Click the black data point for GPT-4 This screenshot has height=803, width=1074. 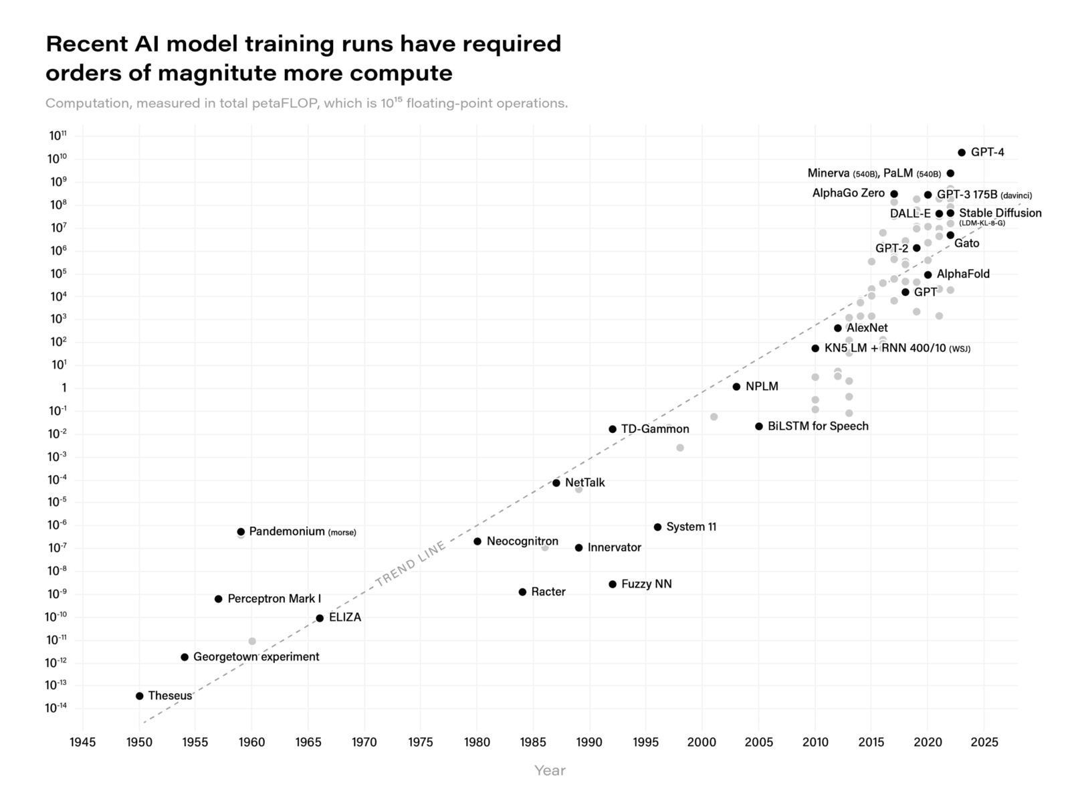tap(962, 153)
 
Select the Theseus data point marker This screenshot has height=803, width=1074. tap(139, 696)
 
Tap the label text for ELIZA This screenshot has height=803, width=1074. tap(345, 618)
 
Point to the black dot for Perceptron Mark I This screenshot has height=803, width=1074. tap(218, 599)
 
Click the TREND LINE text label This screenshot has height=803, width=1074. tap(410, 564)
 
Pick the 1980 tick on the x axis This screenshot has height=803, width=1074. tap(477, 742)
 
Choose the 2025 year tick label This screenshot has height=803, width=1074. tap(984, 742)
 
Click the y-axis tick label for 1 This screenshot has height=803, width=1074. tap(64, 388)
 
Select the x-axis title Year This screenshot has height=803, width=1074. tap(550, 771)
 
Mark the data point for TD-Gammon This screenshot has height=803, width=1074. tap(613, 429)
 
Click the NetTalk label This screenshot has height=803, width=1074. tap(584, 482)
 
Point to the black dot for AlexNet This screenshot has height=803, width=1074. tap(838, 328)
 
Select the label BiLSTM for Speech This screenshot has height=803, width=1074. tap(818, 426)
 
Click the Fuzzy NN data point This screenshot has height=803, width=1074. tap(613, 584)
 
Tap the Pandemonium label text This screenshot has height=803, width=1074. tap(287, 532)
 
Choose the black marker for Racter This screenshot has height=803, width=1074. tap(522, 592)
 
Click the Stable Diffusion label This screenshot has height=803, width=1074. tap(1000, 213)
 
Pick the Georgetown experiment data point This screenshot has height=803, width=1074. tap(185, 657)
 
